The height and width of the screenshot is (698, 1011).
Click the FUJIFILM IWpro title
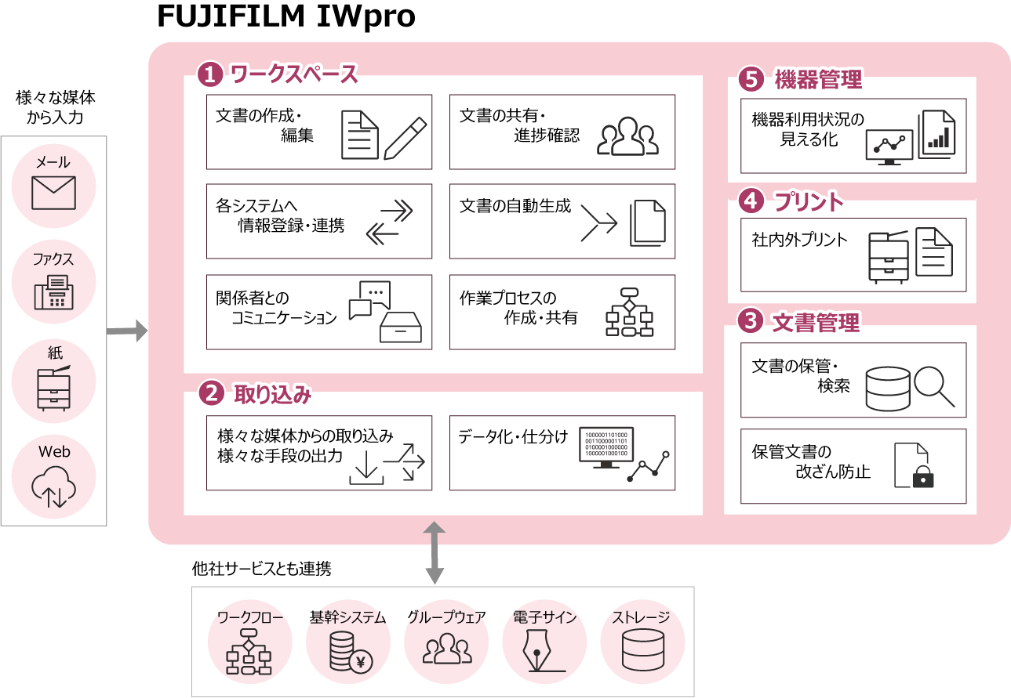point(286,16)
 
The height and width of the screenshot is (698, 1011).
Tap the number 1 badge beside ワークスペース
point(210,75)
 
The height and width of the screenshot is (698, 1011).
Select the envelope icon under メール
point(53,193)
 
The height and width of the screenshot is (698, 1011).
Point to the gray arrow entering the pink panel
point(127,331)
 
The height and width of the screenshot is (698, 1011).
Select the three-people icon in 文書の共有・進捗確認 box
point(627,138)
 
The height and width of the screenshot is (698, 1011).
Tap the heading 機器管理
point(818,79)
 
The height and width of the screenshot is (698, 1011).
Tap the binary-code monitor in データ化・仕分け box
point(607,449)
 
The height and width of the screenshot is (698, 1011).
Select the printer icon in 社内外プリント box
point(888,257)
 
